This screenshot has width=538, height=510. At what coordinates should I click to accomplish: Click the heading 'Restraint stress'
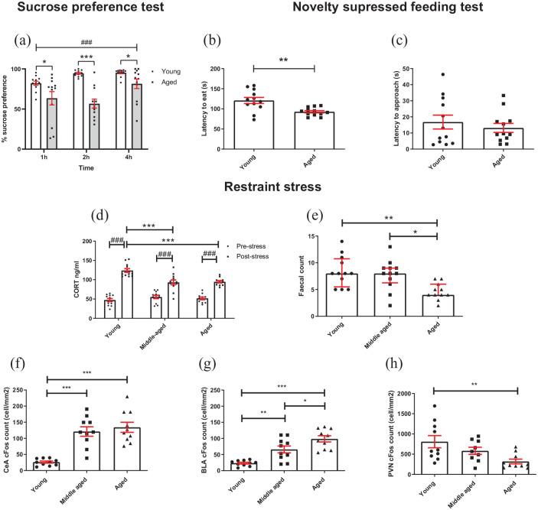[x=268, y=185]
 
